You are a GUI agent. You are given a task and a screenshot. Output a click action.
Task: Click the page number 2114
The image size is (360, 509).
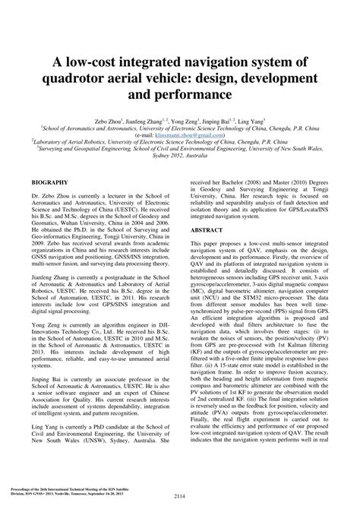click(180, 497)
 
